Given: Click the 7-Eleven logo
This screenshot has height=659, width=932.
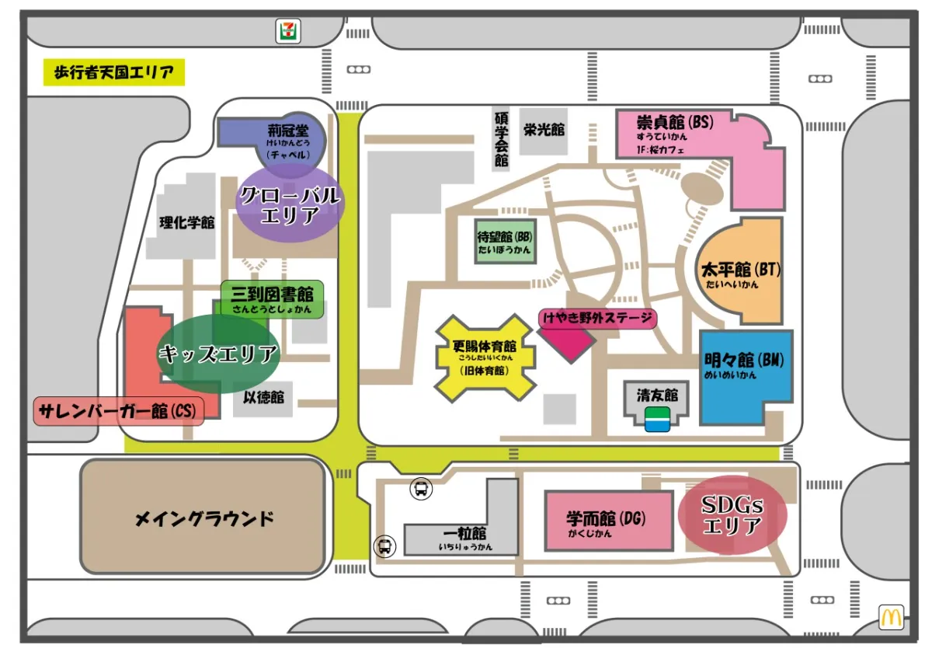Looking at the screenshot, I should point(289,30).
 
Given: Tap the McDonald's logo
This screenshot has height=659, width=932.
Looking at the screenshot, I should point(891,617).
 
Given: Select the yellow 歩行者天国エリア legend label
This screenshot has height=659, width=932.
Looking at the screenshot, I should point(113,73).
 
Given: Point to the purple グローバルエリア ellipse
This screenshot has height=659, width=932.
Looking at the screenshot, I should point(290,205).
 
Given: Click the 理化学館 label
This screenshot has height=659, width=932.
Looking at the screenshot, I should point(186,222).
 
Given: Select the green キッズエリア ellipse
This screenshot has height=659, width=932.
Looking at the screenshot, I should point(217,354).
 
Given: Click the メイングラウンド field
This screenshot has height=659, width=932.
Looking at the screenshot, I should point(203,518).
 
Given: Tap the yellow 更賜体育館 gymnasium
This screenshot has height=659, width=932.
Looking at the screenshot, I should point(485,358).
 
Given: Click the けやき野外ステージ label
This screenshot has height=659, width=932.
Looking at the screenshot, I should point(597,318).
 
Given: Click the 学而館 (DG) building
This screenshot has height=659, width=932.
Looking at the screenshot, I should point(607,521).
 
